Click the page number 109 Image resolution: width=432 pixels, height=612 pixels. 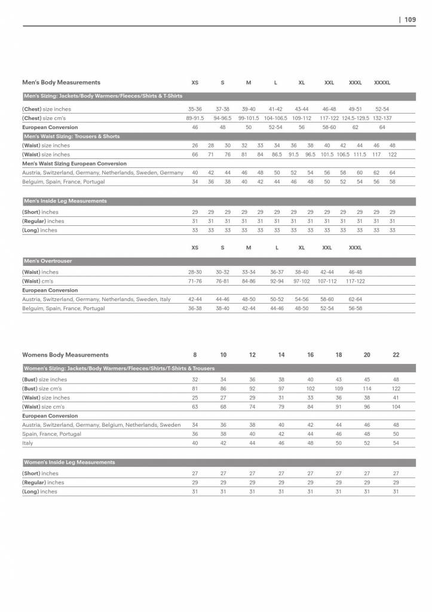point(410,19)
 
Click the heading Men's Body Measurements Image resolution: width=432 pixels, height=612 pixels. point(61,82)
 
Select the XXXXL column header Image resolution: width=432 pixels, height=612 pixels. point(381,82)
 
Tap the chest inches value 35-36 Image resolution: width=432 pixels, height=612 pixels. point(195,109)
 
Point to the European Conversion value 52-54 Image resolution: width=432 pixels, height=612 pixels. point(275,127)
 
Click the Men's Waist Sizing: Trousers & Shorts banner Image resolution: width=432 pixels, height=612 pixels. point(71,136)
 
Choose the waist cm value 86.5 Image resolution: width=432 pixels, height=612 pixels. point(277,154)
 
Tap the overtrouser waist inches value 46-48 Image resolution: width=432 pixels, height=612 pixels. point(355,272)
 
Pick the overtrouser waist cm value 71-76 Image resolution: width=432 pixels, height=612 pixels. point(195,281)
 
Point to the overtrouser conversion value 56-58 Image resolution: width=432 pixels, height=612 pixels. point(355,308)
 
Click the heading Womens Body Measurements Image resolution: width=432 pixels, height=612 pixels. point(65,355)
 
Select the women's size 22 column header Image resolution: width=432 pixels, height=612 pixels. point(396,355)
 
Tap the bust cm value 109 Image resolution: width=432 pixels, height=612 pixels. point(339,388)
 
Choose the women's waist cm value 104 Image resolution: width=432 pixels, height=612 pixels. point(396,406)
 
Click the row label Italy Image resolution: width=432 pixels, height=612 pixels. point(28,443)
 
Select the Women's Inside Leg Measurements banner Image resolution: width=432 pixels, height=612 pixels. point(69,462)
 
